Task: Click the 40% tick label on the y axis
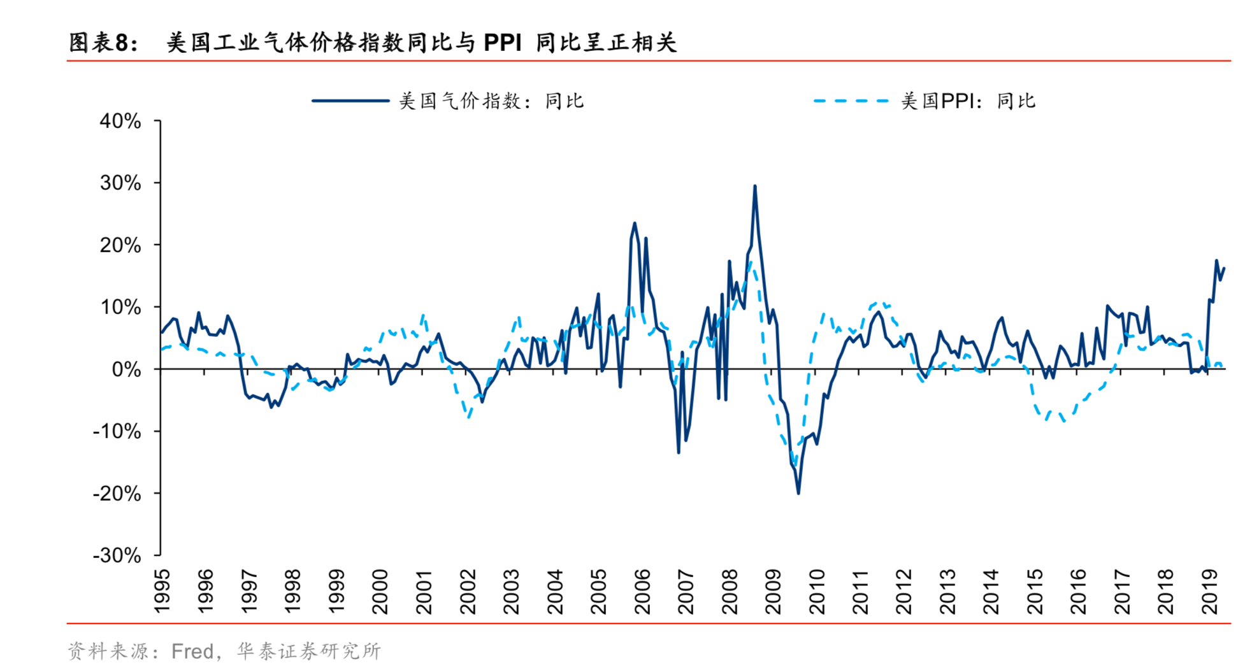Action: tap(120, 121)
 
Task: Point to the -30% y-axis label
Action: tap(117, 555)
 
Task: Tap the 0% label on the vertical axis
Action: tap(126, 369)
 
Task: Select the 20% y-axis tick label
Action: tap(120, 245)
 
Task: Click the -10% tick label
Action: tap(117, 431)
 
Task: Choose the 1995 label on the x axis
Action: tap(162, 592)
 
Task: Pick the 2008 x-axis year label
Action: tap(730, 592)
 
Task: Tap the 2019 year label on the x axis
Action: tap(1209, 592)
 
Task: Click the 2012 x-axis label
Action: tap(904, 592)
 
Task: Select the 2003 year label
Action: tap(512, 592)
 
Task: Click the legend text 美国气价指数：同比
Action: tap(491, 101)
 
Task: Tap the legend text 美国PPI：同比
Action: tap(968, 101)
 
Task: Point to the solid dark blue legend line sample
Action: tap(350, 101)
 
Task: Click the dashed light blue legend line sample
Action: tap(851, 101)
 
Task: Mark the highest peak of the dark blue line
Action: tap(754, 186)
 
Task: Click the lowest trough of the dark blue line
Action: tap(798, 492)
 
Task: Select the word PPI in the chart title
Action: tap(502, 43)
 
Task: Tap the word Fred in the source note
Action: tap(192, 651)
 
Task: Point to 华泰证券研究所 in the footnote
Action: tap(309, 651)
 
